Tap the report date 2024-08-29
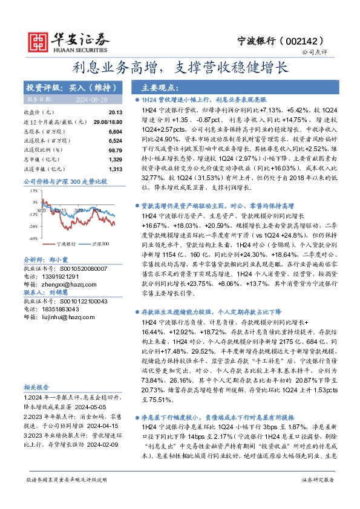92,99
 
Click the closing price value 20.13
116,112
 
